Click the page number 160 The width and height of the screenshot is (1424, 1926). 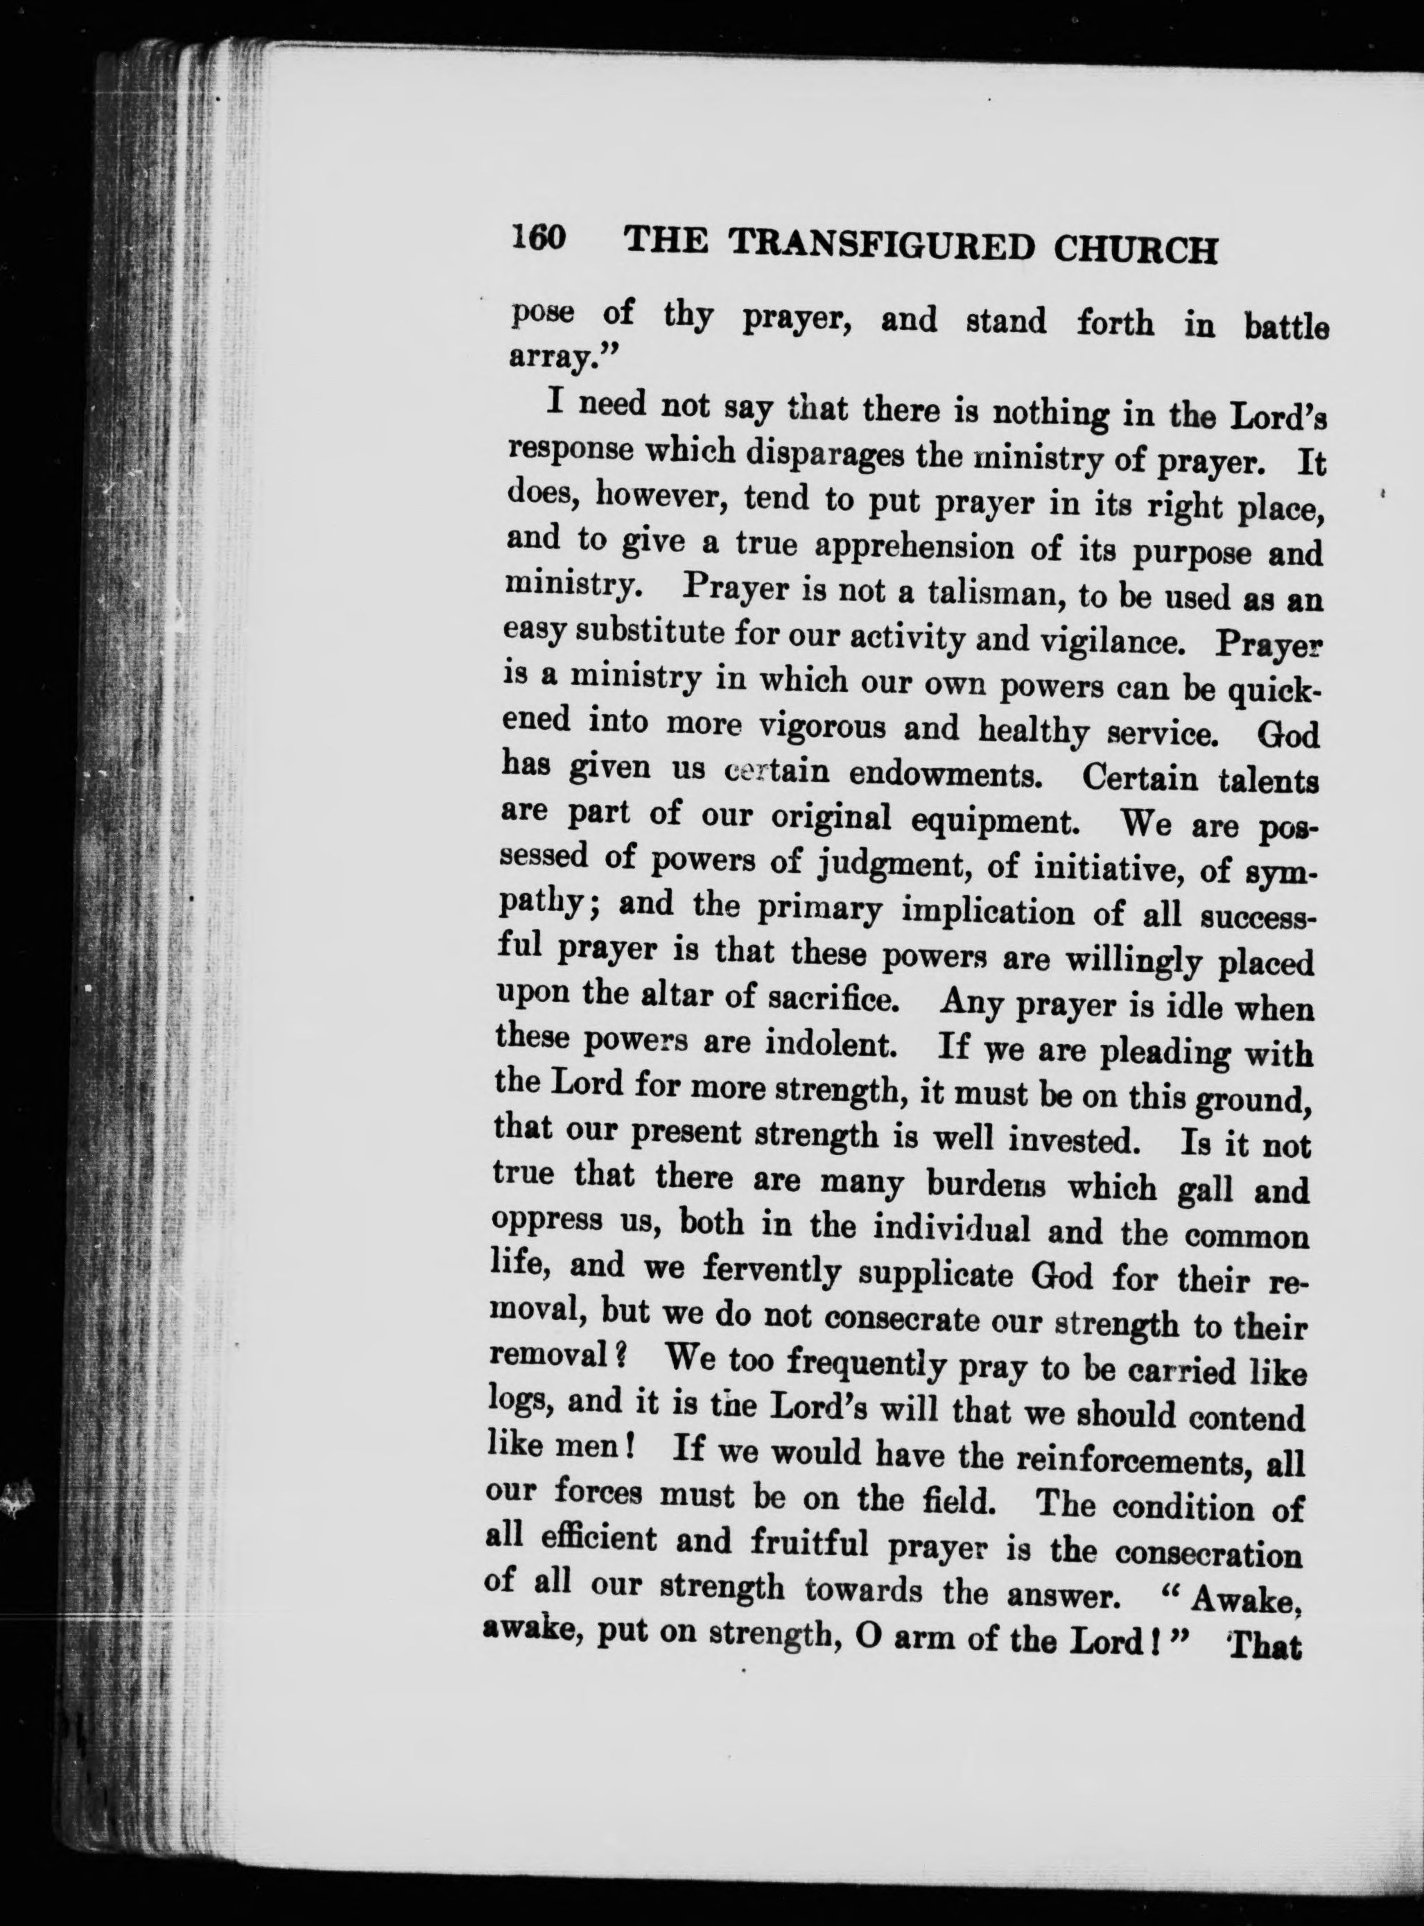538,238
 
